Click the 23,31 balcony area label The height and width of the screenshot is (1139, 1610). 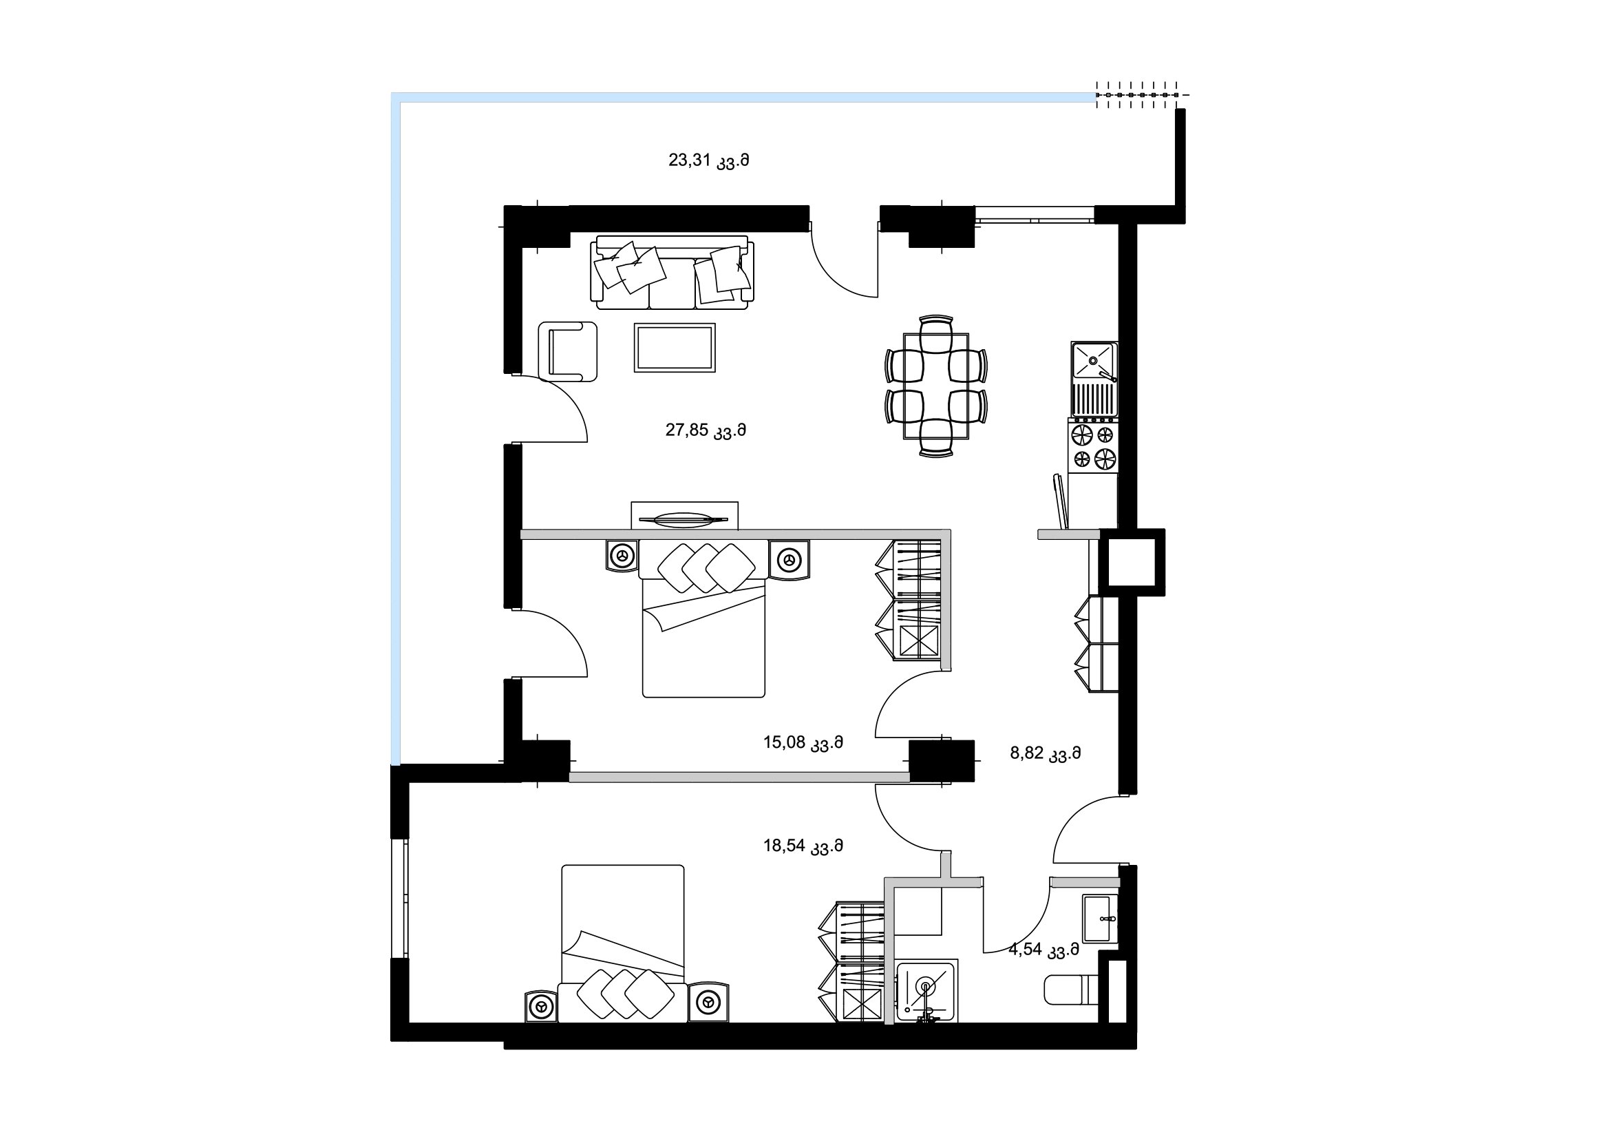708,161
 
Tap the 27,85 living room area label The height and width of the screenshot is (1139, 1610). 706,430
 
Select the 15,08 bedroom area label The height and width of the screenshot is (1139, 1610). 803,743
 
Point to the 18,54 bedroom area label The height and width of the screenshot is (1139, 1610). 803,846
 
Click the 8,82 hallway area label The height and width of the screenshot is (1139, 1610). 1045,754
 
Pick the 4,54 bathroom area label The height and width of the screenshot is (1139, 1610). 1044,950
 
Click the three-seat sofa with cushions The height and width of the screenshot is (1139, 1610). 674,273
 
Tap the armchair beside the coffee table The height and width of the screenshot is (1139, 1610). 568,351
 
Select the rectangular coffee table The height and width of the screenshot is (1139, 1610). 675,347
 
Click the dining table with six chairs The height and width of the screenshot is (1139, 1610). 936,386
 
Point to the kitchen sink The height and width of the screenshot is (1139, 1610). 1093,379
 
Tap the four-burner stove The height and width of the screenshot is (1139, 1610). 1093,446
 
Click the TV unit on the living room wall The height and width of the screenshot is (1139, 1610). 684,516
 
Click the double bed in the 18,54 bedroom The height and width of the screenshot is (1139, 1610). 623,943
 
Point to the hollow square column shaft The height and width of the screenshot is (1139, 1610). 1131,562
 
